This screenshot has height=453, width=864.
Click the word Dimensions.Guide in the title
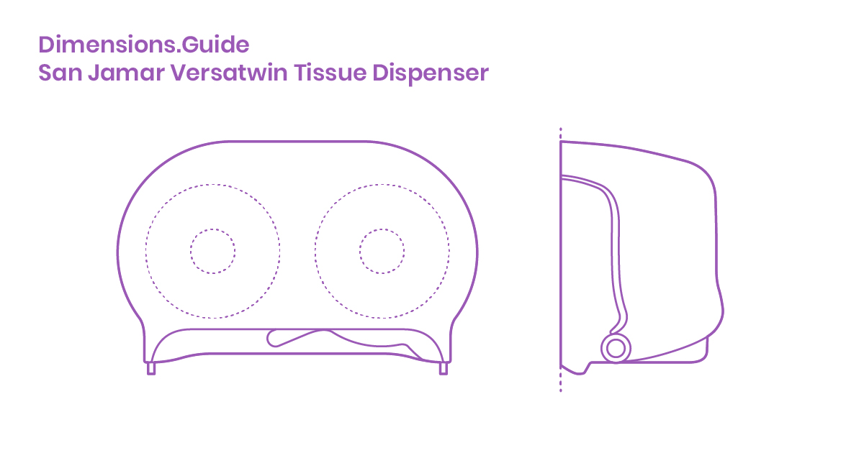(x=144, y=45)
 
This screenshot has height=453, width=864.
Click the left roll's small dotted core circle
(x=212, y=251)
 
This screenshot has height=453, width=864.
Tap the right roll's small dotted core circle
(x=382, y=251)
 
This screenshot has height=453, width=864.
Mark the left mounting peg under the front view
(x=151, y=369)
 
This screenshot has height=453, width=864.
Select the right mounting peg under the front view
(x=443, y=369)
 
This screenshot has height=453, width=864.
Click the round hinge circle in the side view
(x=615, y=348)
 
